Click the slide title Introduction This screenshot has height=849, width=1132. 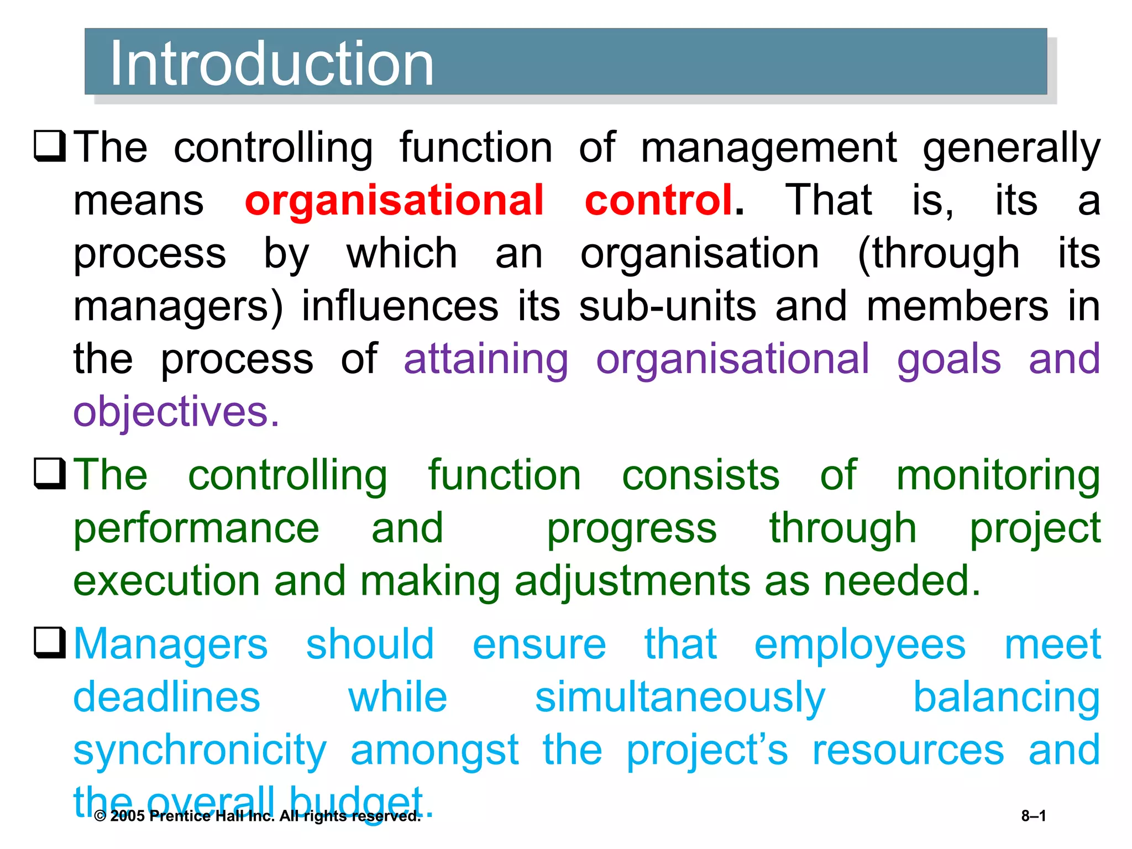272,64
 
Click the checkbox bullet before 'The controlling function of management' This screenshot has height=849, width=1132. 50,146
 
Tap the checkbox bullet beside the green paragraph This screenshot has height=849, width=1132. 50,474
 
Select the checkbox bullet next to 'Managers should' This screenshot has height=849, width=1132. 50,642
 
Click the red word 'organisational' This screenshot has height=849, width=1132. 394,201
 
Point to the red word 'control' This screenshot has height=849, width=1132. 659,200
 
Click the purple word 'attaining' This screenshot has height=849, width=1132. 486,359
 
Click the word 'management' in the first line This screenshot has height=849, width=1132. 768,148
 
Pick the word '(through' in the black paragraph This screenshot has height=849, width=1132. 938,254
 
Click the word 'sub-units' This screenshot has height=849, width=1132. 667,306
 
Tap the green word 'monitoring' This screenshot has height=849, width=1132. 998,476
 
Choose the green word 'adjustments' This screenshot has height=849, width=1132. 632,582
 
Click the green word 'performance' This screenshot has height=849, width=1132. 196,529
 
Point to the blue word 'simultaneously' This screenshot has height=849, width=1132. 680,698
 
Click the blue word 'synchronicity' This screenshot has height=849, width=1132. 200,751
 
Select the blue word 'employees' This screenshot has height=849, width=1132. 860,645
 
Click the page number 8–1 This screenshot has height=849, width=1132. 1033,816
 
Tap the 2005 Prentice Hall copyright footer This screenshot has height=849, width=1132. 257,816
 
